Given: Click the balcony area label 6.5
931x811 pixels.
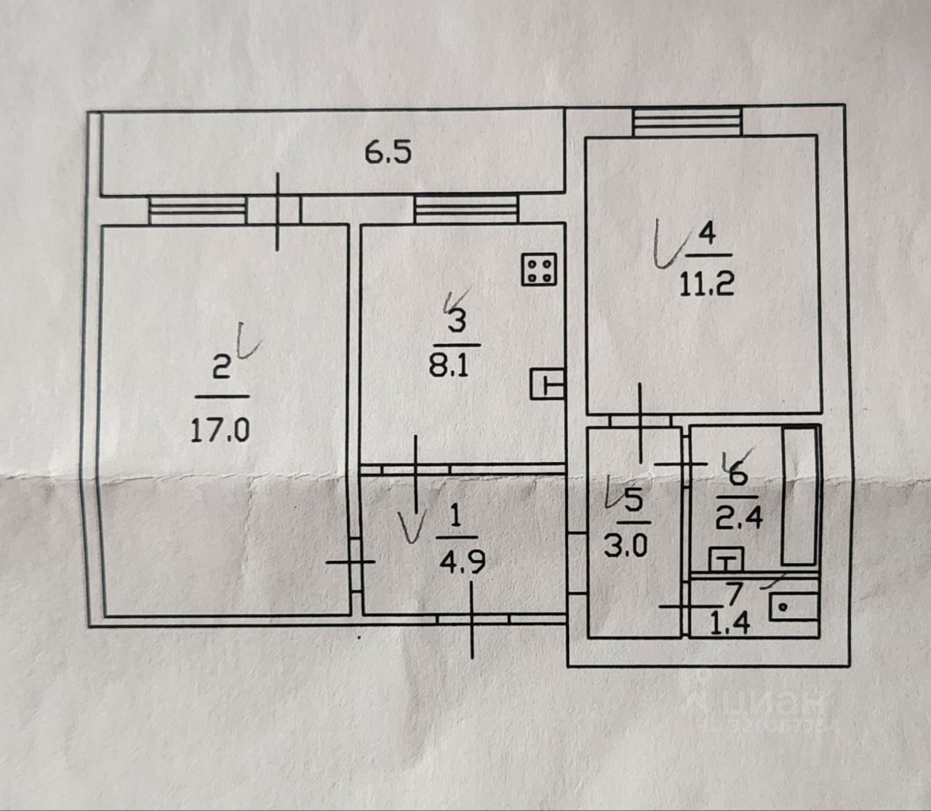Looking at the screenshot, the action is [388, 153].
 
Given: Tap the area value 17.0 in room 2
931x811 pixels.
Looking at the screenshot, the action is [220, 430].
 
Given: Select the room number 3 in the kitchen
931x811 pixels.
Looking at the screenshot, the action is [456, 321].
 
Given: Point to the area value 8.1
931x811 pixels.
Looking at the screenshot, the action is [449, 365].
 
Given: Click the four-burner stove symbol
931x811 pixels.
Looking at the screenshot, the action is [540, 269].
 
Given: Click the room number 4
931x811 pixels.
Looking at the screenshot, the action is [706, 234].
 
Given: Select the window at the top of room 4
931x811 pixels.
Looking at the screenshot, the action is [687, 121].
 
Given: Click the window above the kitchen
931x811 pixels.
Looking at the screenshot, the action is [466, 209].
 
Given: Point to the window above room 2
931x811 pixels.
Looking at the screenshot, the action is [198, 211].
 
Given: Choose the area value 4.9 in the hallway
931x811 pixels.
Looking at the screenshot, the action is [461, 562].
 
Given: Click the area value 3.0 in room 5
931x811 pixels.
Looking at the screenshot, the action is [626, 545].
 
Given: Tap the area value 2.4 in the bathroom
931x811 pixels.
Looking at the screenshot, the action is [739, 519].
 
